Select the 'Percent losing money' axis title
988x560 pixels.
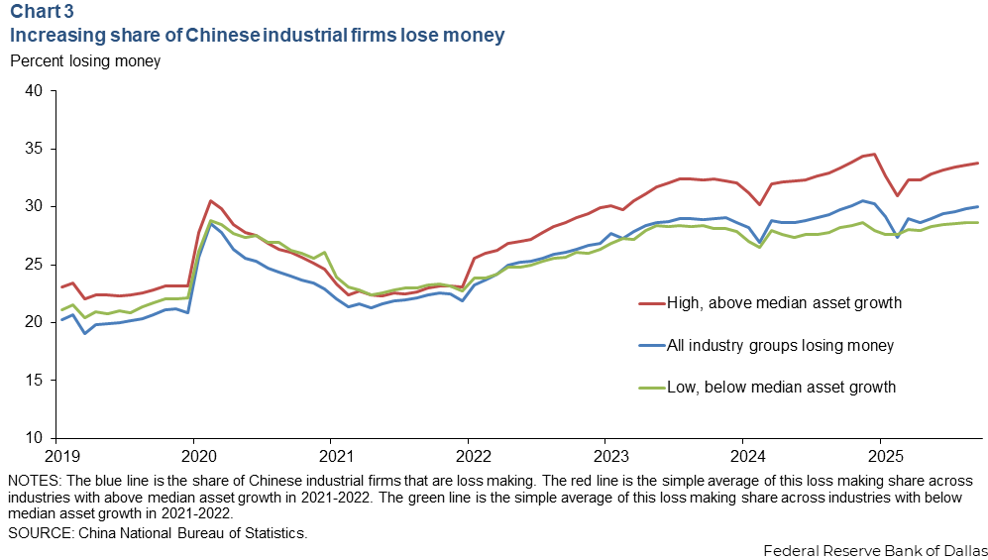coord(84,60)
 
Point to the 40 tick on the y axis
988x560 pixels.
coord(34,91)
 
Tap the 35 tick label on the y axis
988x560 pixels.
coord(34,149)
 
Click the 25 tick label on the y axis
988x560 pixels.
coord(34,265)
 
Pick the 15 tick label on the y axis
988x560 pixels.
coord(34,381)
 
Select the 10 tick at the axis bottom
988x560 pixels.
coord(34,438)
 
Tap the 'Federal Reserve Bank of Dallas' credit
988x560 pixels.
coord(875,549)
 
